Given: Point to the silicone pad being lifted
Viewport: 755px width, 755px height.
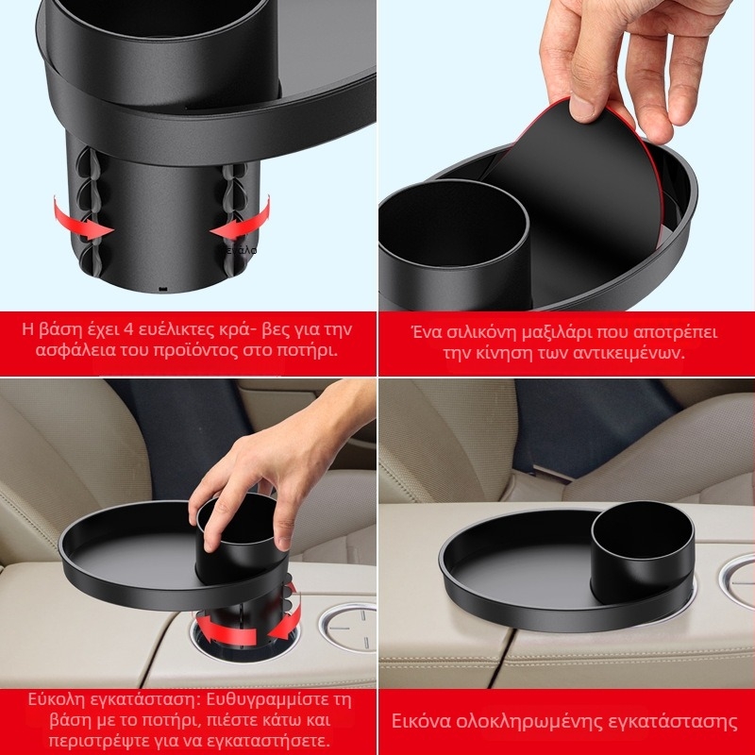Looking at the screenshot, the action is point(578,193).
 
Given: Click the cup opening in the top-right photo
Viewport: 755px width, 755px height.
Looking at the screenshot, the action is point(454,223).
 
